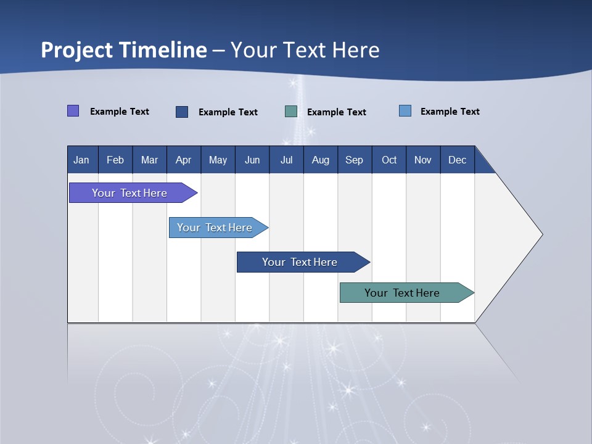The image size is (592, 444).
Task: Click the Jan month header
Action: point(81,160)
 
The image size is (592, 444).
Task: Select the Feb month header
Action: point(115,160)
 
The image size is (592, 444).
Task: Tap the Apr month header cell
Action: point(184,160)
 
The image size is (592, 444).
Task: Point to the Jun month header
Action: point(252,160)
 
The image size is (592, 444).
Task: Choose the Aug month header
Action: point(321,160)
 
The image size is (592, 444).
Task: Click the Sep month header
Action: point(355,160)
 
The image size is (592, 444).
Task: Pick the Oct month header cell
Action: point(389,160)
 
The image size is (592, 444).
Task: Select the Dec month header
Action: point(458,160)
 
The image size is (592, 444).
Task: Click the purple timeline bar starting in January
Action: point(129,193)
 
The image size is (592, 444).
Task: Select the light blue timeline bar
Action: point(215,228)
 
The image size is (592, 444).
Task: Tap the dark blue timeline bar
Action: point(300,262)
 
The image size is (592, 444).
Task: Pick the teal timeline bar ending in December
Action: point(402,293)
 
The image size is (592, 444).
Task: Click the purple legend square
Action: point(73,111)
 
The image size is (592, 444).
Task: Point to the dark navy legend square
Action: point(182,112)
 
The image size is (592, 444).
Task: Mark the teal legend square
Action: point(291,112)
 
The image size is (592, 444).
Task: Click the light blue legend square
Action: point(405,111)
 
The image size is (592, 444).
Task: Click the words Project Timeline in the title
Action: point(124,50)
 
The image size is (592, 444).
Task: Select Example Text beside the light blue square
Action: point(450,112)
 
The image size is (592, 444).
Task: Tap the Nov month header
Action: point(423,160)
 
